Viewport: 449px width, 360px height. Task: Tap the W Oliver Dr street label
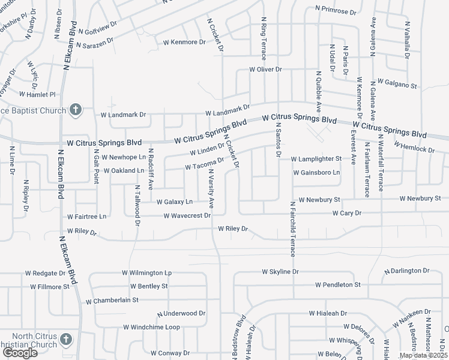coord(265,70)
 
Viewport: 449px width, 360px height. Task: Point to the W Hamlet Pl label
coord(37,94)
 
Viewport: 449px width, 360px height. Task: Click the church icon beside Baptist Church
coord(75,109)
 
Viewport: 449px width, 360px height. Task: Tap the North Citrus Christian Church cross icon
coord(66,339)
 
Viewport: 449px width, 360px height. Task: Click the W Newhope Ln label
coord(124,157)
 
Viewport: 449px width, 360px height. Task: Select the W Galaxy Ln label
coord(174,202)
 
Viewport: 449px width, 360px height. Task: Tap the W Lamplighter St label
coord(316,159)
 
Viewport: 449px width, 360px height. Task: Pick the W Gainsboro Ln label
coord(316,173)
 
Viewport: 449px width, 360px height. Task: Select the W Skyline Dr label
coord(280,272)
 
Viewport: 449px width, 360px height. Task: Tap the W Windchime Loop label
coord(152,327)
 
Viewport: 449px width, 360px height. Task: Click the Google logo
coord(20,353)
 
